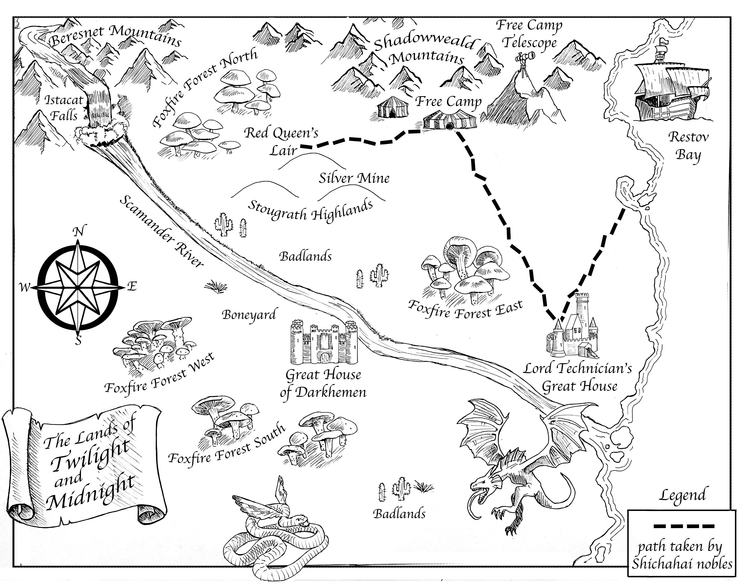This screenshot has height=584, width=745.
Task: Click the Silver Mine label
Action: pyautogui.click(x=354, y=179)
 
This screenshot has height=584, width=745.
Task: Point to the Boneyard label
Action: pyautogui.click(x=249, y=314)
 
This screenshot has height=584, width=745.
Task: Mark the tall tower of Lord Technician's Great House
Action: pyautogui.click(x=581, y=308)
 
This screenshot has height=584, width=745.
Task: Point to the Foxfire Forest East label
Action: pyautogui.click(x=465, y=310)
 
